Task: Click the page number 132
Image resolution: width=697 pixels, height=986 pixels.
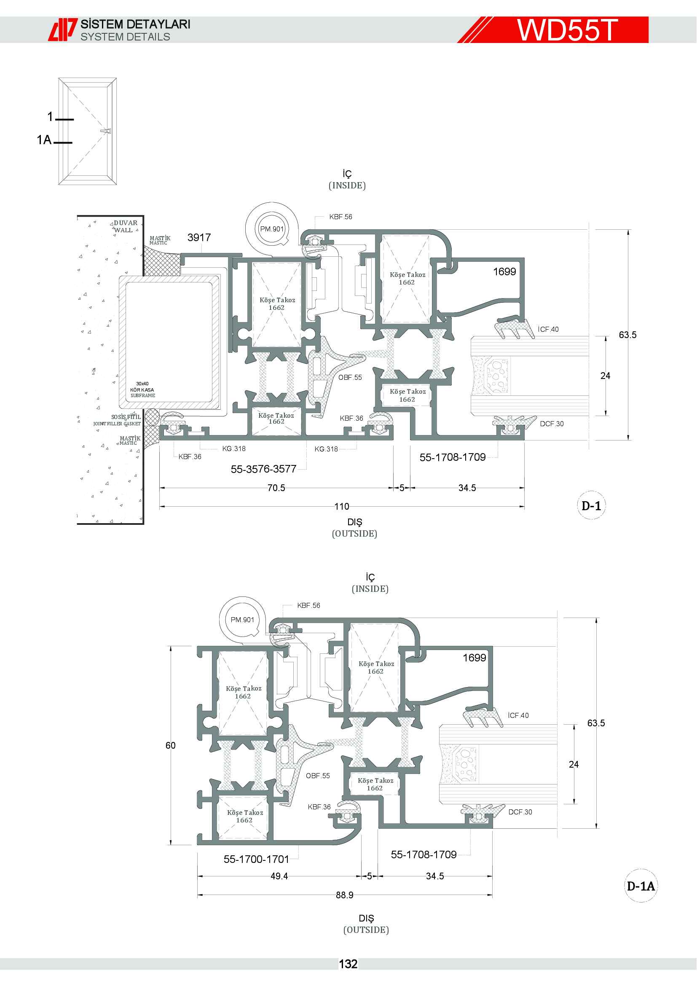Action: tap(348, 964)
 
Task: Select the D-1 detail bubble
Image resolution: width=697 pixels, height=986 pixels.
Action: tap(591, 505)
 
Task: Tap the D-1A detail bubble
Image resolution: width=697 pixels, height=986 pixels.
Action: tap(641, 886)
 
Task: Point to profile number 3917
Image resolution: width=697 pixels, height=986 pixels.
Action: tap(199, 237)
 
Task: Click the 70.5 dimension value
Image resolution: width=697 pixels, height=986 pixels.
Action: tap(276, 488)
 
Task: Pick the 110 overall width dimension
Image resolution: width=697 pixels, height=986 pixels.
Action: tap(342, 506)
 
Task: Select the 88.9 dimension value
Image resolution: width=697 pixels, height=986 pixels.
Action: tap(345, 895)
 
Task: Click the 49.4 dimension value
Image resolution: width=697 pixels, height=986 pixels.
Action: tap(279, 876)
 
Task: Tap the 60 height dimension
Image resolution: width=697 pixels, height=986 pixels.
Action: tap(170, 745)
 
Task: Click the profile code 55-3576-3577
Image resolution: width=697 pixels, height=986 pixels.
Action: tap(263, 469)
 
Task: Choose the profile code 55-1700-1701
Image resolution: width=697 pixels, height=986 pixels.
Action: tap(256, 859)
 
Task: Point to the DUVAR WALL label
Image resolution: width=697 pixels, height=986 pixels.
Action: tap(125, 226)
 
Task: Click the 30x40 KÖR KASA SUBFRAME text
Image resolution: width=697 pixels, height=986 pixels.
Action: tap(142, 390)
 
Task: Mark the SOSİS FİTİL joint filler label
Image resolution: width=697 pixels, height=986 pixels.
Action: tap(117, 420)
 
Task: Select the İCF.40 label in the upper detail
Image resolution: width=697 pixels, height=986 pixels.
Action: tap(548, 329)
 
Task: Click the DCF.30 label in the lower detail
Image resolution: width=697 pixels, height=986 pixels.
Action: tap(520, 812)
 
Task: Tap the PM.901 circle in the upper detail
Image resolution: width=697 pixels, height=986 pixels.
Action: tap(272, 229)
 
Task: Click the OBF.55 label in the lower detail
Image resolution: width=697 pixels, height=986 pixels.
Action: tap(318, 776)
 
